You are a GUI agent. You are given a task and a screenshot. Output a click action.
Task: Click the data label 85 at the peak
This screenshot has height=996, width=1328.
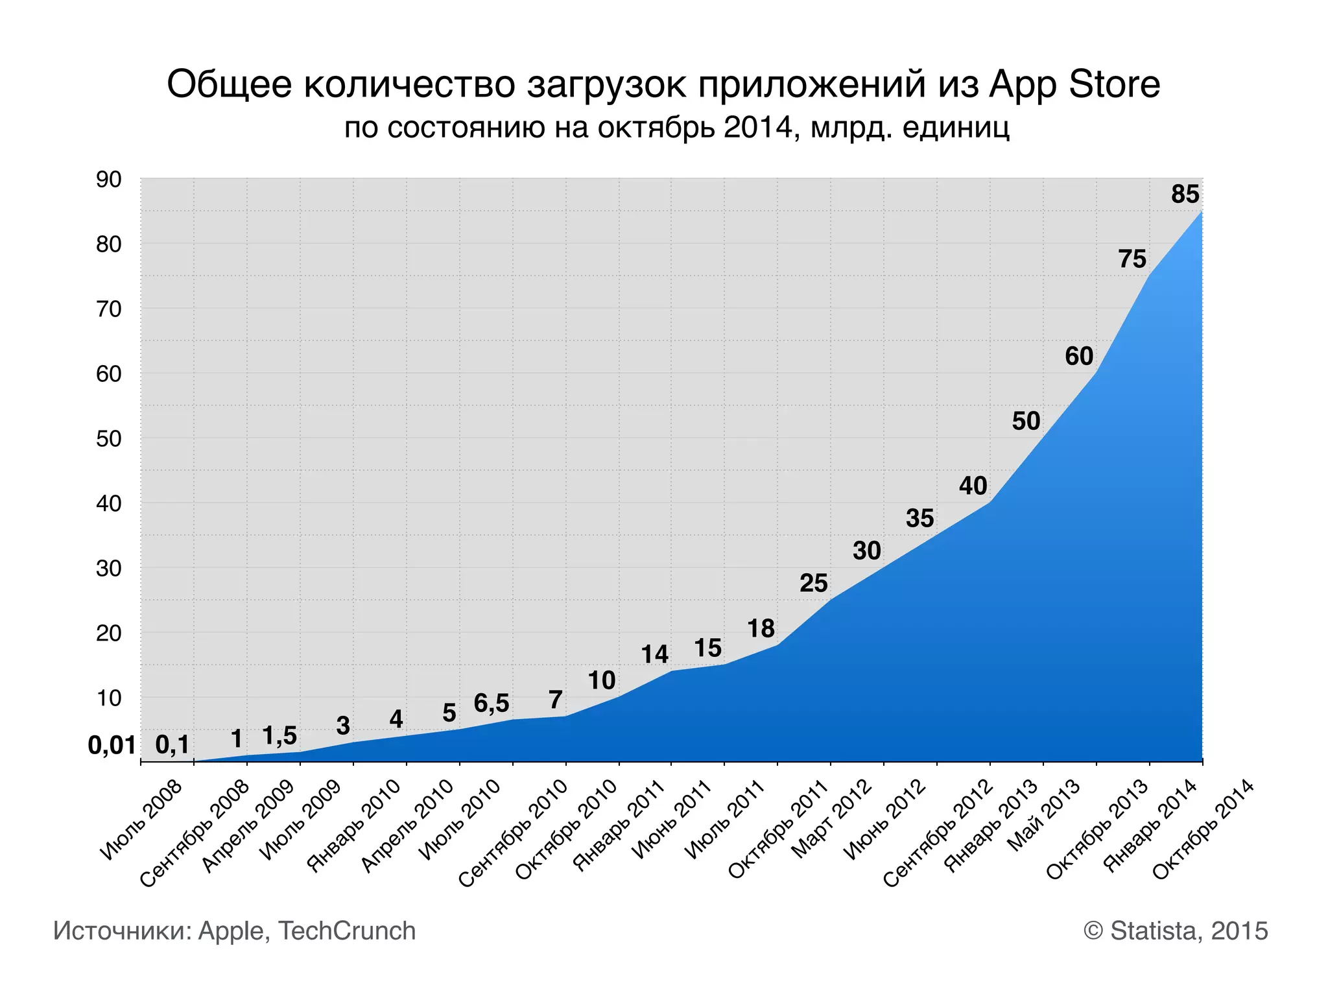pyautogui.click(x=1185, y=195)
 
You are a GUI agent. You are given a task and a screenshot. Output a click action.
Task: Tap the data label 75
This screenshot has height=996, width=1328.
pyautogui.click(x=1132, y=259)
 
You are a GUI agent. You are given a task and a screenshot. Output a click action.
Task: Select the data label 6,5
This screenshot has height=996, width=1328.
pyautogui.click(x=492, y=703)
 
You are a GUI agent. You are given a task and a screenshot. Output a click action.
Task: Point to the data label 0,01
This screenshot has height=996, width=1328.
pyautogui.click(x=112, y=746)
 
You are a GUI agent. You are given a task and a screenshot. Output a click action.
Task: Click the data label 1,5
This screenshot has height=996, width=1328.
pyautogui.click(x=279, y=736)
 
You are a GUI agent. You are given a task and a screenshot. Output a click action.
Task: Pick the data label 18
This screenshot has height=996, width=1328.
pyautogui.click(x=761, y=628)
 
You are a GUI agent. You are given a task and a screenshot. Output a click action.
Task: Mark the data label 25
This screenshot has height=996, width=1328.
pyautogui.click(x=813, y=584)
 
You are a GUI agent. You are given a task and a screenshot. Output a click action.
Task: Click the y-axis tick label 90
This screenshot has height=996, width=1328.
pyautogui.click(x=109, y=180)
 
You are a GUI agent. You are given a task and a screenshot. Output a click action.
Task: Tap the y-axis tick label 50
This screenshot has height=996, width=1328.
pyautogui.click(x=109, y=439)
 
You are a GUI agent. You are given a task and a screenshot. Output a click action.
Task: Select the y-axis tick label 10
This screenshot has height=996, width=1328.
pyautogui.click(x=109, y=698)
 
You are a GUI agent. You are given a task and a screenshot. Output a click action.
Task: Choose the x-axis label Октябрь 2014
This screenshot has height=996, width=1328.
pyautogui.click(x=1203, y=829)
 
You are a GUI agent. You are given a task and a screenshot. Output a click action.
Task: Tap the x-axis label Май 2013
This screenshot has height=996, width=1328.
pyautogui.click(x=1044, y=814)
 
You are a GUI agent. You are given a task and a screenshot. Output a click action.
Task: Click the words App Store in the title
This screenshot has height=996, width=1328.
pyautogui.click(x=1074, y=85)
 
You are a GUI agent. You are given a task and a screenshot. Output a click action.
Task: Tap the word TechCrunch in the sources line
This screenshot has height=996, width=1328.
pyautogui.click(x=346, y=931)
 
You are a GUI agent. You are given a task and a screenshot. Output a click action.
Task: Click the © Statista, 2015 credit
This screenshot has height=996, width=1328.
pyautogui.click(x=1175, y=931)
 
